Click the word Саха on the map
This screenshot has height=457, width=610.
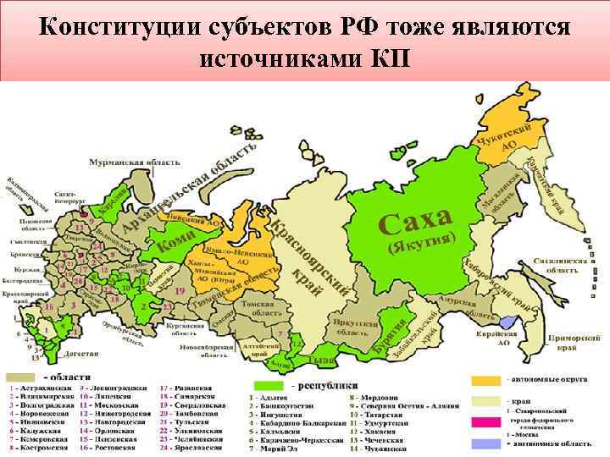coord(414,221)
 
